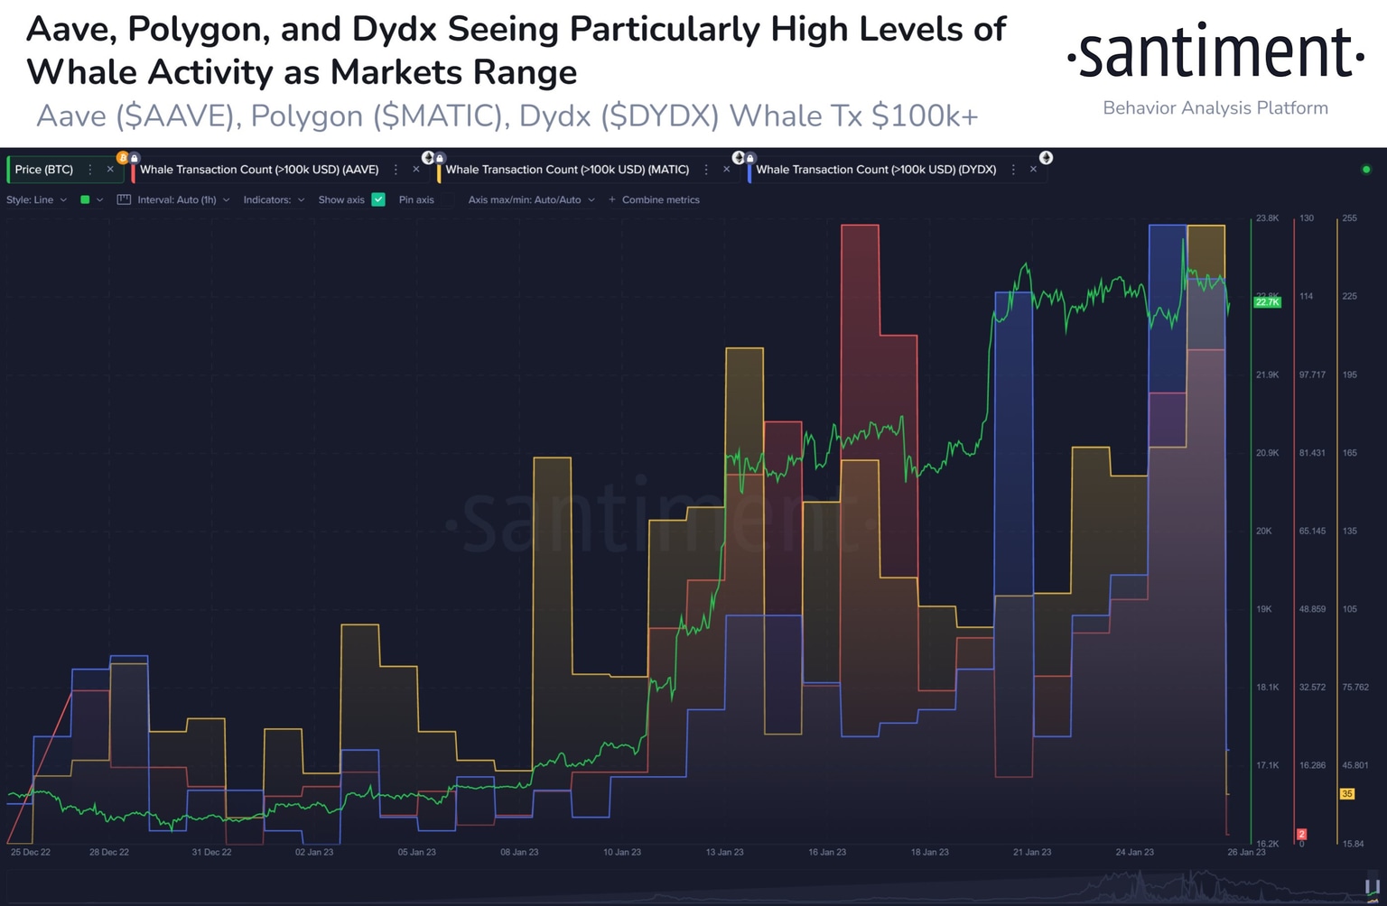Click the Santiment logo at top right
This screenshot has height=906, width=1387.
(1215, 52)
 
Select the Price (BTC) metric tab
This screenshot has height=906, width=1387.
(44, 170)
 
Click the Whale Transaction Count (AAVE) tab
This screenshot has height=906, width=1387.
(259, 170)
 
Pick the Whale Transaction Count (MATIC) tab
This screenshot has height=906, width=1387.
(567, 170)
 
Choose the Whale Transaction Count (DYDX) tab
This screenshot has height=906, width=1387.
(876, 170)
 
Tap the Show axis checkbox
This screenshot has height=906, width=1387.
(378, 199)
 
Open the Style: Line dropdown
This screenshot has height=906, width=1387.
(36, 199)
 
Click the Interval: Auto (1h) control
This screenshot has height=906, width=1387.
(176, 199)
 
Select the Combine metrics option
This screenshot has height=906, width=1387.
(660, 199)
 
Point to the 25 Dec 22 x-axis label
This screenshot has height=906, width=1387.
(31, 852)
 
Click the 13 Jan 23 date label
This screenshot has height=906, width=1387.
(724, 852)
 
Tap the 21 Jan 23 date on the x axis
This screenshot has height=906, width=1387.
(1032, 852)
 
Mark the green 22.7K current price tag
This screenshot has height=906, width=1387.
(1267, 301)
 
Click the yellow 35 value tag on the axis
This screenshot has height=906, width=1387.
(1347, 794)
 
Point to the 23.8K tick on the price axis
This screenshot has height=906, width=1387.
(1267, 218)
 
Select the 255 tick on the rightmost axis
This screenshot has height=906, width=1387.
(1349, 218)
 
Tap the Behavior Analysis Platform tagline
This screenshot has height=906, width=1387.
(1215, 108)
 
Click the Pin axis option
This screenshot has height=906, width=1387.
(416, 199)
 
